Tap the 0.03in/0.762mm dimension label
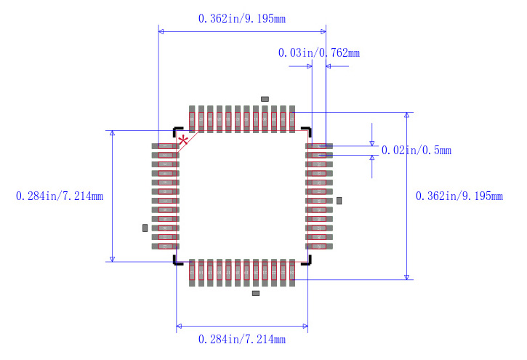[x=318, y=52]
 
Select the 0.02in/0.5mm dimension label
[x=417, y=151]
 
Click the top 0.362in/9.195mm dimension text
[x=242, y=19]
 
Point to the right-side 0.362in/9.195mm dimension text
[x=459, y=196]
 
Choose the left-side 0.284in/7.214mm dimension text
[x=60, y=196]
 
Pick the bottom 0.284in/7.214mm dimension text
[x=242, y=339]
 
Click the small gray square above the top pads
[x=265, y=98]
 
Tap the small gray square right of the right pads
[x=339, y=200]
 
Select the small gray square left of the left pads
[x=145, y=228]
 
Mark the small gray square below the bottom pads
[x=255, y=293]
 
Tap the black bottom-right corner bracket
[x=308, y=260]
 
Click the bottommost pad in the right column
[x=318, y=246]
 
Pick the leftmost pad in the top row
[x=192, y=119]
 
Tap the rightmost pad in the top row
[x=291, y=119]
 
